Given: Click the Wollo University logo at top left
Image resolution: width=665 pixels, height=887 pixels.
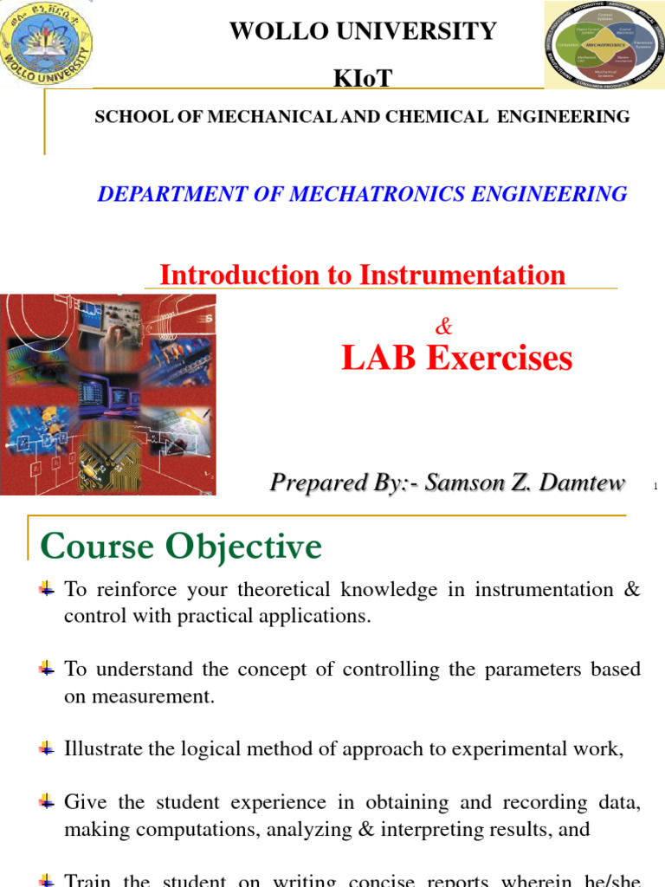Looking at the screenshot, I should click(47, 43).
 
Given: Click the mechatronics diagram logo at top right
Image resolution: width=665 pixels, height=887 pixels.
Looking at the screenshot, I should click(604, 44).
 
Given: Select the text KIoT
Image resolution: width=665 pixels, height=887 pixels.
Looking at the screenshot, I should click(363, 79).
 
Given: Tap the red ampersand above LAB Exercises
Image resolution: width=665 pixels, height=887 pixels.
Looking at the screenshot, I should click(444, 327).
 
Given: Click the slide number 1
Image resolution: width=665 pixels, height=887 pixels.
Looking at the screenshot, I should click(655, 488).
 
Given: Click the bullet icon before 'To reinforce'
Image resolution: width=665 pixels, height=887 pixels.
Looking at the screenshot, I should click(48, 590).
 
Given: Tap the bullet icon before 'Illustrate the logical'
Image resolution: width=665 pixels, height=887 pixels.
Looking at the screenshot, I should click(48, 748).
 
